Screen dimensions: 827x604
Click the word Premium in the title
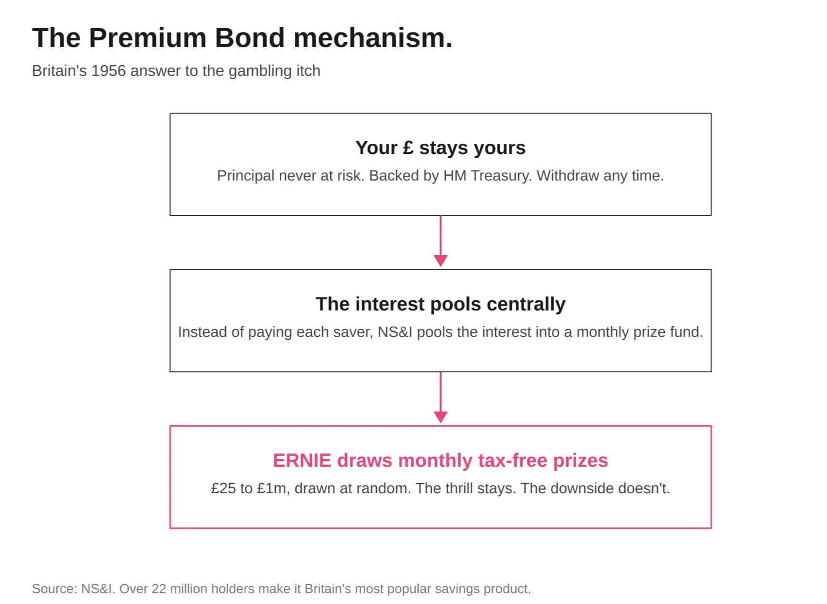click(148, 38)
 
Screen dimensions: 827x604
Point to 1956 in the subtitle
click(109, 71)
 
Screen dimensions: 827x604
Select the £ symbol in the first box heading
click(408, 148)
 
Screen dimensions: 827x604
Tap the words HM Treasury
click(488, 176)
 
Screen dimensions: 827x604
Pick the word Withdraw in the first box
click(568, 176)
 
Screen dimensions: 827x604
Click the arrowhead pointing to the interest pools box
click(440, 260)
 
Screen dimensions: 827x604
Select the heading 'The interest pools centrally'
click(440, 304)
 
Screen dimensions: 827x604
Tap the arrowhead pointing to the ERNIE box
click(440, 417)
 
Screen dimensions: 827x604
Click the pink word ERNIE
click(302, 461)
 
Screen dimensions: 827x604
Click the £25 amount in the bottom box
click(223, 489)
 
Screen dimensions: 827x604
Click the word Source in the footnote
click(55, 589)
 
